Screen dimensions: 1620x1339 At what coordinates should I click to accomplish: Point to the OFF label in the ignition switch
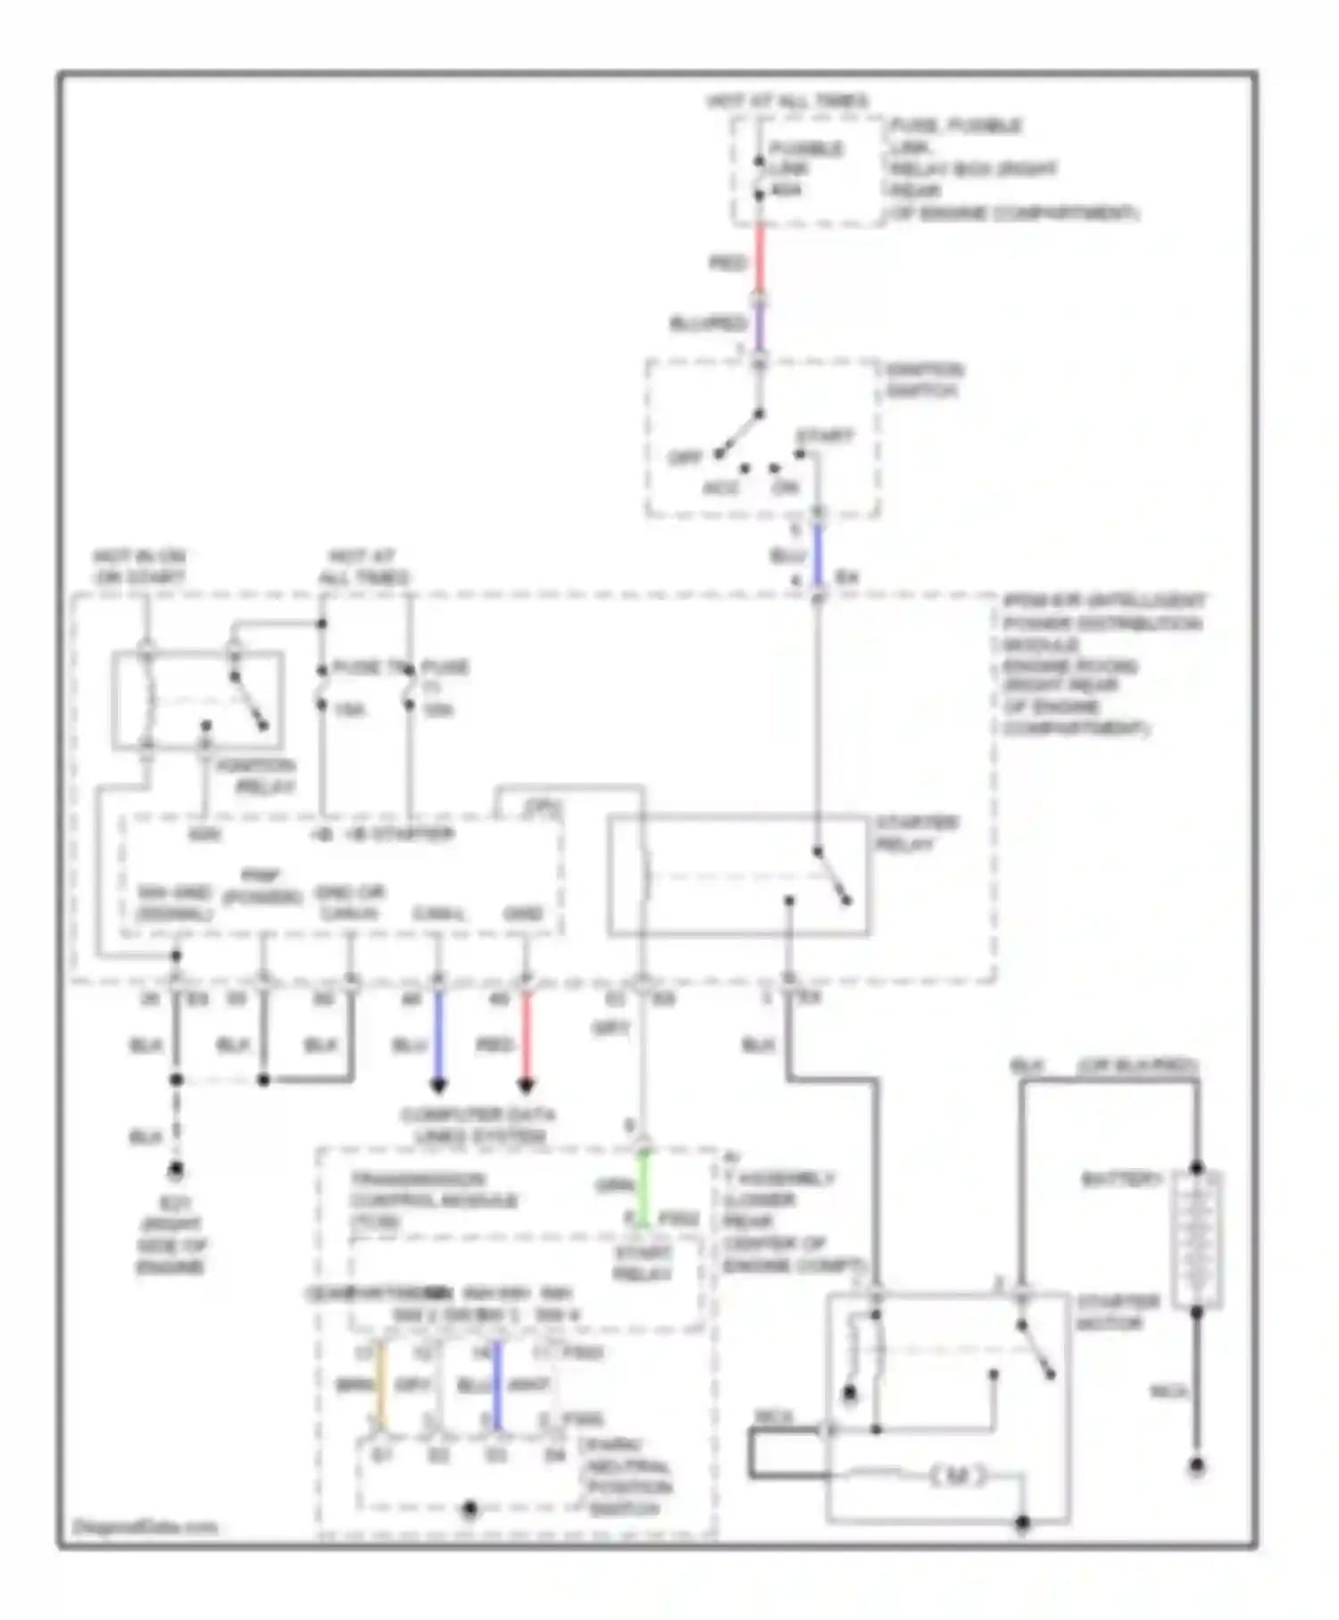coord(686,458)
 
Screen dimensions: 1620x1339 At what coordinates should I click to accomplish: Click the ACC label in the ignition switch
coord(721,489)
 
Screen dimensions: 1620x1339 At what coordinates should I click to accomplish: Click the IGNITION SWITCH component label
coord(923,380)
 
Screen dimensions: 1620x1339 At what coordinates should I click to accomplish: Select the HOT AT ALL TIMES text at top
coord(787,101)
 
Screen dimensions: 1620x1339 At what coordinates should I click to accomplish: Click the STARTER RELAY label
coord(916,833)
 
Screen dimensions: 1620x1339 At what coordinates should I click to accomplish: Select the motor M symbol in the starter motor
coord(957,1477)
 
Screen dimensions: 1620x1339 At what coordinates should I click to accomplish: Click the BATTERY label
coord(1120,1180)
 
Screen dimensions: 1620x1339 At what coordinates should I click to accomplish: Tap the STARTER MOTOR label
coord(1117,1312)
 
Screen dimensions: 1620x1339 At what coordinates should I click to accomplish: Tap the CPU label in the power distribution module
coord(542,808)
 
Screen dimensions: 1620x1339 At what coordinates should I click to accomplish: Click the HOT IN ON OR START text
coord(140,567)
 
